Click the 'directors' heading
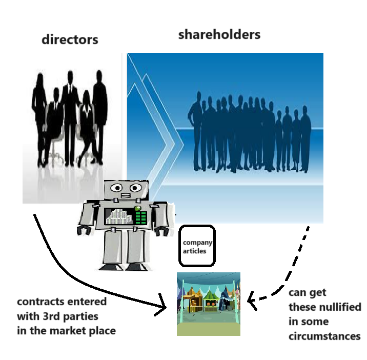click(70, 39)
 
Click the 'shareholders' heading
click(219, 35)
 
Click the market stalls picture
click(208, 304)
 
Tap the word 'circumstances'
click(324, 336)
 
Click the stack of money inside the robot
click(118, 216)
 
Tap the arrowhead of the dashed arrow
click(251, 299)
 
